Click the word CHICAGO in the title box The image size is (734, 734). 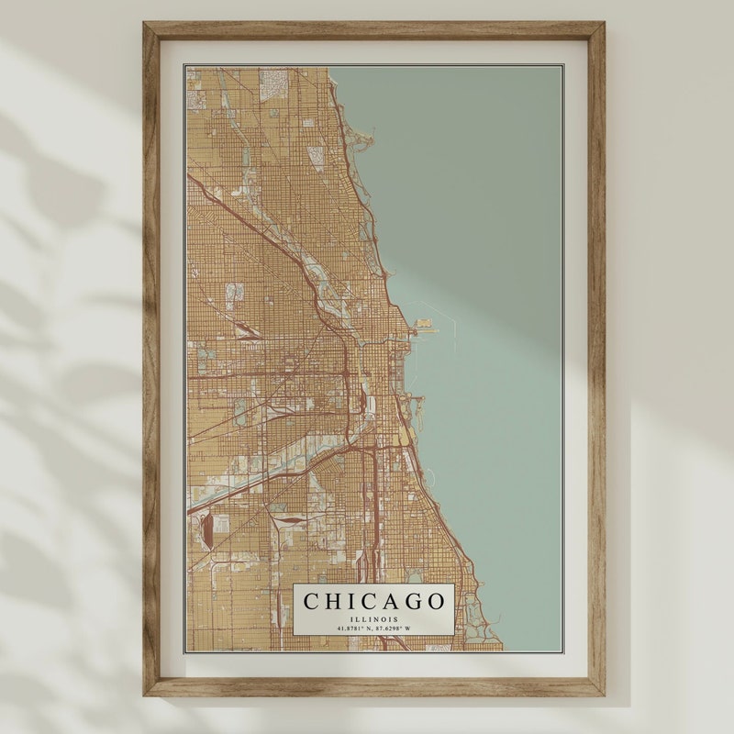[x=374, y=602]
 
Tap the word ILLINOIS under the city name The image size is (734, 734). [x=374, y=619]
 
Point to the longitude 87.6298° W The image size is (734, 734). [x=395, y=628]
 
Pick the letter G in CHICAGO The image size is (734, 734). [x=410, y=602]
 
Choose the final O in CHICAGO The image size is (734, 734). [x=435, y=602]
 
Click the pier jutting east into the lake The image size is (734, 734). [x=425, y=325]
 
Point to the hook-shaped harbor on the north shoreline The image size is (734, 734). [x=366, y=141]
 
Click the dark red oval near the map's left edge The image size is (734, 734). [x=207, y=529]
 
